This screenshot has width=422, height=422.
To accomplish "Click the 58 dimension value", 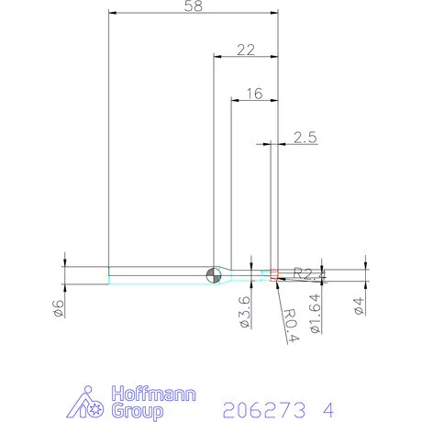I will click(193, 6).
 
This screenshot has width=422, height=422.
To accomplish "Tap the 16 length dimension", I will click(254, 94).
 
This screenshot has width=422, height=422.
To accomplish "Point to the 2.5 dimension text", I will click(305, 138).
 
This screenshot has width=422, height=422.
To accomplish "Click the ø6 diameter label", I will click(58, 308).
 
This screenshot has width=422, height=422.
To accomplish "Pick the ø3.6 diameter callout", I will click(244, 311).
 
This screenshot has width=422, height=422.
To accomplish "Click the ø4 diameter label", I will click(359, 307).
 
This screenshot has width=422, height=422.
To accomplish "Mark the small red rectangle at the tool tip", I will click(272, 272).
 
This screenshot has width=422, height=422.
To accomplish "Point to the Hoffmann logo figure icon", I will click(89, 402).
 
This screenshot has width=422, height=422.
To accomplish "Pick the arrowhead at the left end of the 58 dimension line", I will click(112, 13).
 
